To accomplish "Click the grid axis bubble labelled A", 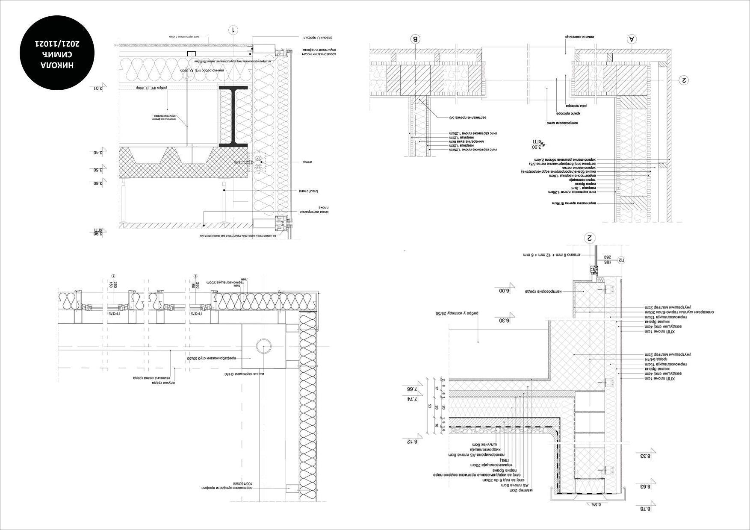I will coord(632,39).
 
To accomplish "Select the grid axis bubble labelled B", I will coord(415,39).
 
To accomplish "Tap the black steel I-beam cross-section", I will coord(233,116).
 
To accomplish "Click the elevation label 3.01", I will coord(98,88).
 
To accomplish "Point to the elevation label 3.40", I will coord(98,153).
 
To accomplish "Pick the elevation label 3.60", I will coord(98,183).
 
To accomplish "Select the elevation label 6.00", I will coord(505,291).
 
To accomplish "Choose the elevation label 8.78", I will coord(645,509).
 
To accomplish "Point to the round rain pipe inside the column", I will coord(264,346).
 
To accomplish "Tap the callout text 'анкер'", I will coord(309,162).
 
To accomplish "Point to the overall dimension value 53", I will coord(430,406).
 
